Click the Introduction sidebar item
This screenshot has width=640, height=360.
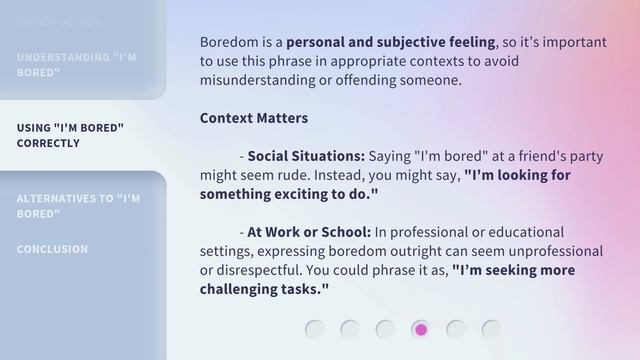[x=58, y=21]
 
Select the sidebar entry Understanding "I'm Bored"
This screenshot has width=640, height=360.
[x=77, y=65]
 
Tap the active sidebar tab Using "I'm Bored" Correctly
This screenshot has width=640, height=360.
[x=70, y=135]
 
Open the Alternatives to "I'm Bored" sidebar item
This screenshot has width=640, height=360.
[x=78, y=206]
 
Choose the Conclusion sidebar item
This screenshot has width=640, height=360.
[x=52, y=249]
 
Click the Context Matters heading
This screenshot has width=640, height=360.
[x=254, y=118]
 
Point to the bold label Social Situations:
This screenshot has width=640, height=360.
[x=306, y=156]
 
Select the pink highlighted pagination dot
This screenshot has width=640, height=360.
[x=421, y=329]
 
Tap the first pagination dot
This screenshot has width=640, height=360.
[x=315, y=329]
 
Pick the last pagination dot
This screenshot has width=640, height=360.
[x=491, y=329]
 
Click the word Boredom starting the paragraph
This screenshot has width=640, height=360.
[x=227, y=42]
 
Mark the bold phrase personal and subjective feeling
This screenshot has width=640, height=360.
[x=390, y=42]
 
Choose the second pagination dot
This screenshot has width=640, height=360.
[x=350, y=329]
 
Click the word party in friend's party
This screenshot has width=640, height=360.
[x=587, y=156]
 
